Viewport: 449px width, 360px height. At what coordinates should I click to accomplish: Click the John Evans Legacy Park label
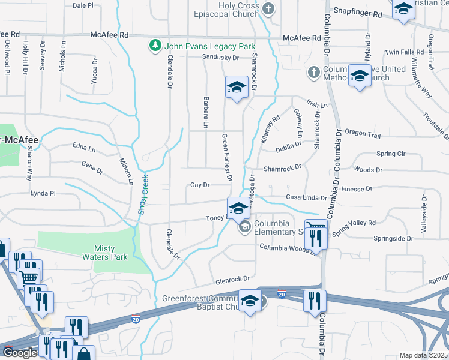[210, 46]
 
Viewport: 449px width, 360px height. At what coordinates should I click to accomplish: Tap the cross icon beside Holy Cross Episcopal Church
[268, 8]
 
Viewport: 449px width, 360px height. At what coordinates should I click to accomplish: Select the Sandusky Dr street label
[220, 58]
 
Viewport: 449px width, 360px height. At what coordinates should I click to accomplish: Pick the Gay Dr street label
[199, 185]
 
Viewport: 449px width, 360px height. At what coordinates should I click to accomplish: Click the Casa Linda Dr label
[306, 197]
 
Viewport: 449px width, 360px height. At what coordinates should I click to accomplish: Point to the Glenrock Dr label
[233, 279]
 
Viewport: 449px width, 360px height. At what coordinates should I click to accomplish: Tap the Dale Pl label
[83, 5]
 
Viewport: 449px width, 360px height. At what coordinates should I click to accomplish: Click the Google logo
[20, 353]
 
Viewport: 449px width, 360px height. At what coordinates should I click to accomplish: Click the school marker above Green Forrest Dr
[237, 88]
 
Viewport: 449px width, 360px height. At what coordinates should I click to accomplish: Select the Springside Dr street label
[393, 238]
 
